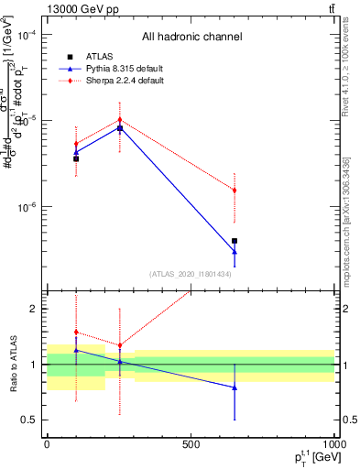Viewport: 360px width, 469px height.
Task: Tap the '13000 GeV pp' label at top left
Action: point(76,8)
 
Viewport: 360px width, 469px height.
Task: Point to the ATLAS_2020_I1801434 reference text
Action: point(191,274)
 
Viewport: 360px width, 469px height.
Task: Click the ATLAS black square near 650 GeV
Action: point(235,241)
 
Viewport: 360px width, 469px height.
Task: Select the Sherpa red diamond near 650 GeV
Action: point(235,191)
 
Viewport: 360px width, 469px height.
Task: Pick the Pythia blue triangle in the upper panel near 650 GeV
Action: point(235,251)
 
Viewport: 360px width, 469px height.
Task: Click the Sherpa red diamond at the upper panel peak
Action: point(120,120)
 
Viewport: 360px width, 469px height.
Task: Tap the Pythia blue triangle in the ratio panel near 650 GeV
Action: point(235,387)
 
